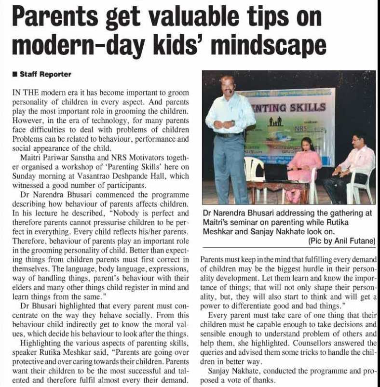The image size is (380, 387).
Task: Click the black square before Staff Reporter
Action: pyautogui.click(x=15, y=74)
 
